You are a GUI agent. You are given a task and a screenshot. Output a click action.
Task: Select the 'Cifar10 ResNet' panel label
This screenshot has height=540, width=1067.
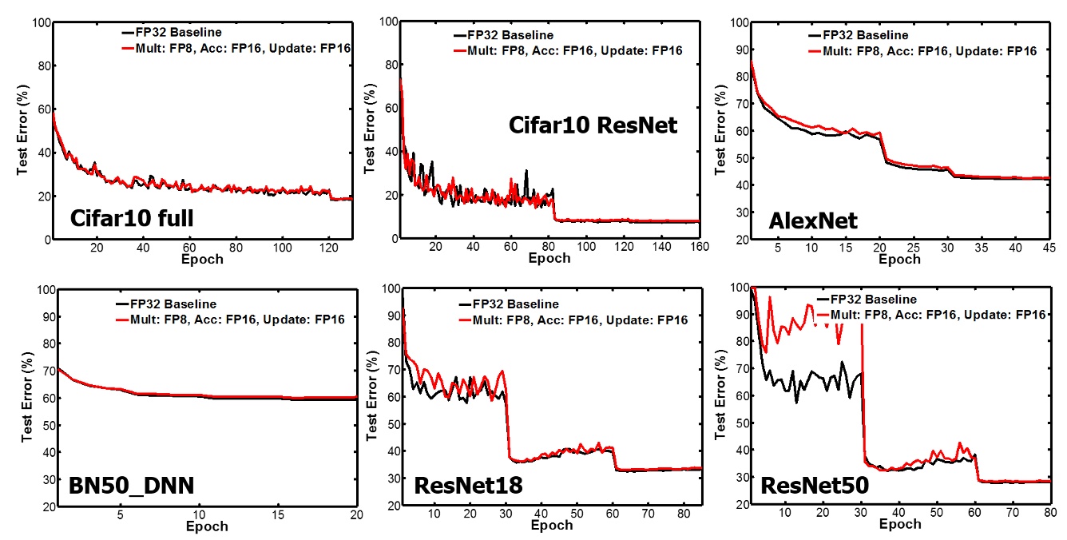pos(593,125)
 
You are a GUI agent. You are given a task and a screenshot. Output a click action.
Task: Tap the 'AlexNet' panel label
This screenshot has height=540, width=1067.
pos(813,220)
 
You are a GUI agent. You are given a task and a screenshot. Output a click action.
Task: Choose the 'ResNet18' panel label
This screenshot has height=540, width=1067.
pos(468,485)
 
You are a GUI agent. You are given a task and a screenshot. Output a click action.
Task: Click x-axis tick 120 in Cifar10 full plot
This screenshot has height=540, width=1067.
pos(328,248)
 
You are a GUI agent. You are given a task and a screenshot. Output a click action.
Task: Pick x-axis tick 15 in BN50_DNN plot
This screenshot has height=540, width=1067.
pos(277,515)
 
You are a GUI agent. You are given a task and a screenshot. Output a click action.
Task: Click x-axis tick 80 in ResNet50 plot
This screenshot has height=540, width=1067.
pos(1050,513)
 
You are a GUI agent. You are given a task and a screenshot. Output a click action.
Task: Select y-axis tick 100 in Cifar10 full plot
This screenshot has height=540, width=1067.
pos(41,23)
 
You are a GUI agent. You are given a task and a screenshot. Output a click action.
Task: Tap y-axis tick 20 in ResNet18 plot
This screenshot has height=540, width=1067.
pos(391,506)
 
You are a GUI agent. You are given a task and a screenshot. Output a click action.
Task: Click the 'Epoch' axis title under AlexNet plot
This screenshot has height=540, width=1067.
pos(899,260)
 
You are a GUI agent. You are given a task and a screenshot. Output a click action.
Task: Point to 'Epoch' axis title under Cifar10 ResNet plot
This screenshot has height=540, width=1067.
pos(549,258)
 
